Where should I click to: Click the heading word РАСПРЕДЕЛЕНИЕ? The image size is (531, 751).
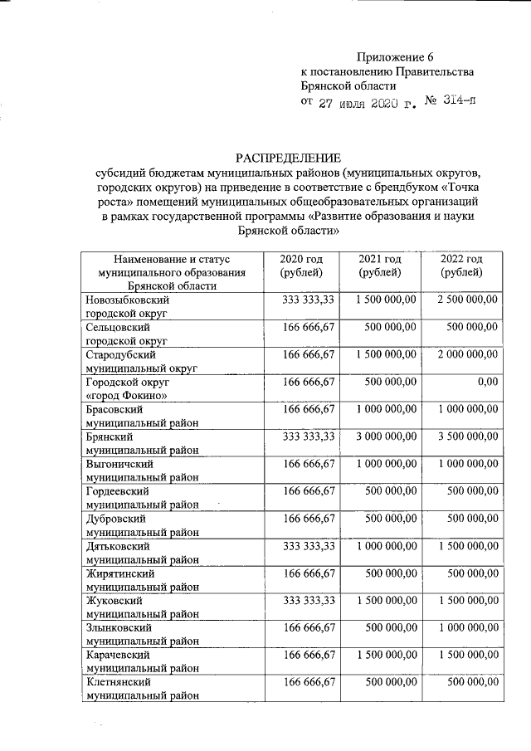288,158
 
